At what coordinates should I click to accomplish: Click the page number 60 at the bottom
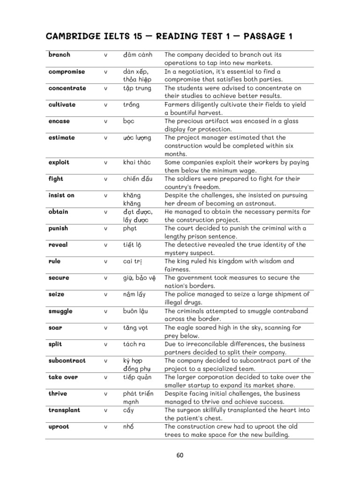(180, 454)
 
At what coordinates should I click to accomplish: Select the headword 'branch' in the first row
(59, 55)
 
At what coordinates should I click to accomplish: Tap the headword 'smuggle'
(60, 311)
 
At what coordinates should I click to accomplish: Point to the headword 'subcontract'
(67, 360)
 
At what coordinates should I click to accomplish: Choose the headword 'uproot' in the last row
(59, 427)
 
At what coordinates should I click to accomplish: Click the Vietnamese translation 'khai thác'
(137, 163)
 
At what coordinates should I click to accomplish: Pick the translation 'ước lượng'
(138, 138)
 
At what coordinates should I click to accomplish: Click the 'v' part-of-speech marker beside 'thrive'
(106, 394)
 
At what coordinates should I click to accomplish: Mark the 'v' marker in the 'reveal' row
(106, 245)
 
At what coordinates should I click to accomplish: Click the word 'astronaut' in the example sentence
(261, 203)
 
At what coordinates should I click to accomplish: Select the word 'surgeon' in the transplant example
(189, 410)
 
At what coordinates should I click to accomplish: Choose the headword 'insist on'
(61, 195)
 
